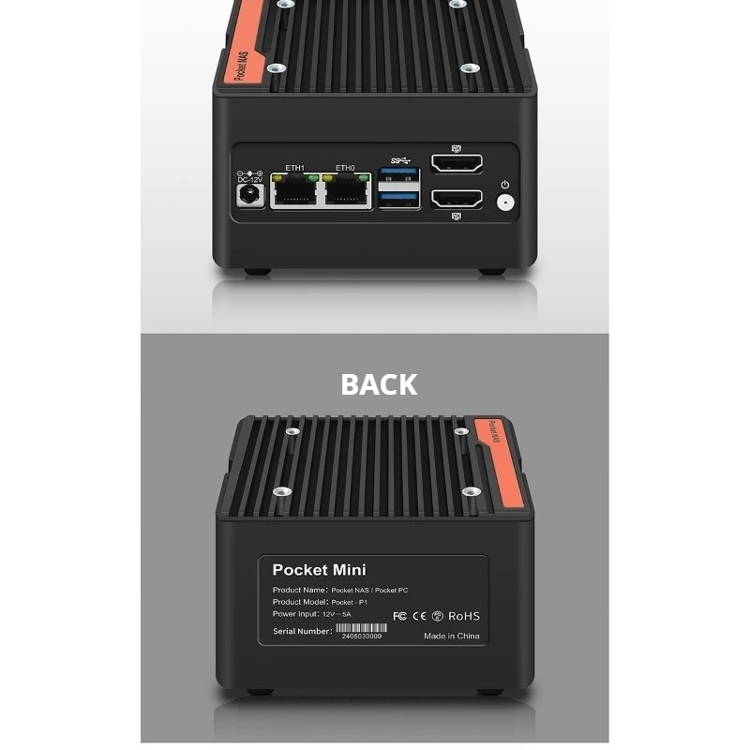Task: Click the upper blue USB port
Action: [x=399, y=176]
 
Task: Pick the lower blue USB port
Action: [x=399, y=198]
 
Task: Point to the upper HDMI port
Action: [x=457, y=163]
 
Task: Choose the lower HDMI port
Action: [x=457, y=199]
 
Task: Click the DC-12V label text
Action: [x=248, y=179]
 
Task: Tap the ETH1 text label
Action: [x=294, y=168]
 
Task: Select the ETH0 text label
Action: [x=345, y=168]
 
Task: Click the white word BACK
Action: [x=379, y=384]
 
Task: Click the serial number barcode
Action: [x=361, y=628]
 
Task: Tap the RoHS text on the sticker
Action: [x=463, y=616]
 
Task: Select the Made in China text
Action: [x=451, y=636]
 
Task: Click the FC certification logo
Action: [x=398, y=616]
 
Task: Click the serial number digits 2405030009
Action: [x=362, y=637]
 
